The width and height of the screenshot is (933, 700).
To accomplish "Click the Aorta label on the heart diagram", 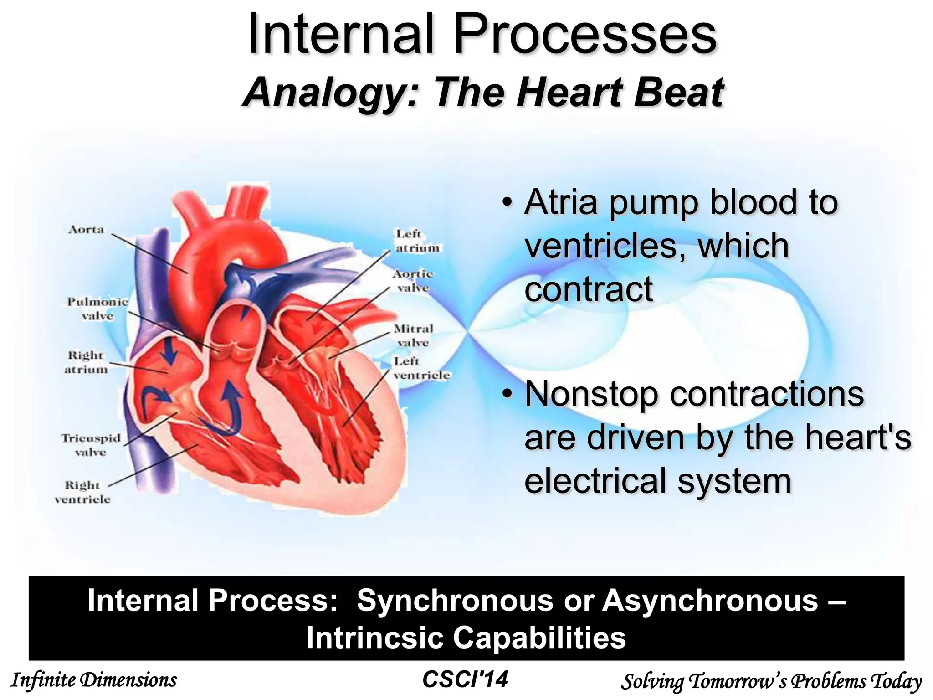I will point(86,230).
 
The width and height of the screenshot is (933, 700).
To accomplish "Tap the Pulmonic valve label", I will point(97,309).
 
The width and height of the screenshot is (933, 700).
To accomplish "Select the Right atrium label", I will point(86,362).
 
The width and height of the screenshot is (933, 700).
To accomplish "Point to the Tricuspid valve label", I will point(91,445).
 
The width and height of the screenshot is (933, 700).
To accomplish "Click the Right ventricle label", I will point(82,492).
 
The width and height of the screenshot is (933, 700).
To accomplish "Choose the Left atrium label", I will point(417,241).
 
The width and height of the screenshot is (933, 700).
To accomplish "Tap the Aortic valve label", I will point(412,281).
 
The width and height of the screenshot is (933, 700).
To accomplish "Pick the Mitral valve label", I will point(413,335).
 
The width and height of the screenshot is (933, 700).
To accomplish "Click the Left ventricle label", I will point(421,368).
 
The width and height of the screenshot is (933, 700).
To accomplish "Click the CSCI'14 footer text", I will point(465,679).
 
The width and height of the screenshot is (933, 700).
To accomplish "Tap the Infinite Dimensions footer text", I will point(93,680).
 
